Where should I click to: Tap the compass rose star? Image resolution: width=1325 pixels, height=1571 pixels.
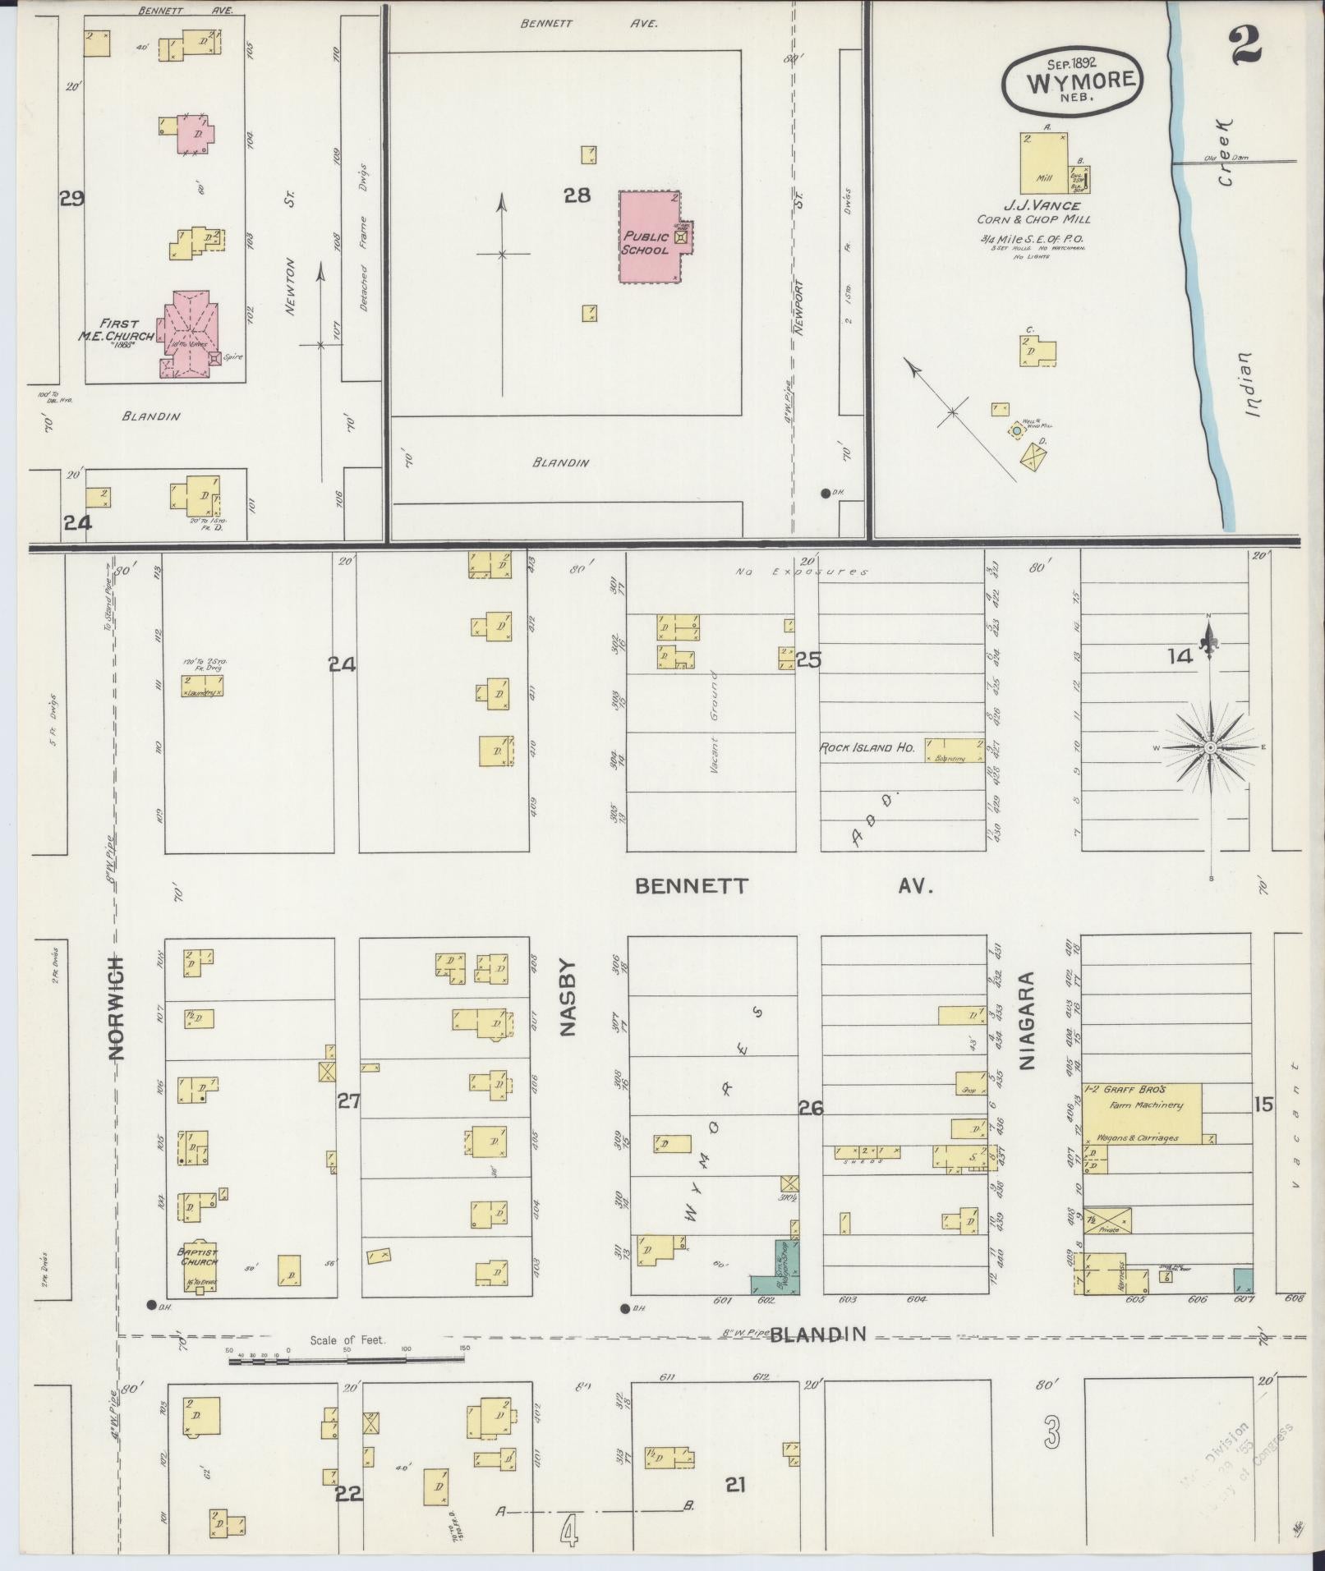1210,747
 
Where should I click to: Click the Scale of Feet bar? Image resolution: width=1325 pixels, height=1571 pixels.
345,1359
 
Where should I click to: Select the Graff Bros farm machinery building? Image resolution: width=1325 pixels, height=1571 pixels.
1142,1113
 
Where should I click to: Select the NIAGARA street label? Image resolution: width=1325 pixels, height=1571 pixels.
1027,1021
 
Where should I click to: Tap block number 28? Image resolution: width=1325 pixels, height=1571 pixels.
577,195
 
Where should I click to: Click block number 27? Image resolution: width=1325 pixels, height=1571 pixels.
348,1101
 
